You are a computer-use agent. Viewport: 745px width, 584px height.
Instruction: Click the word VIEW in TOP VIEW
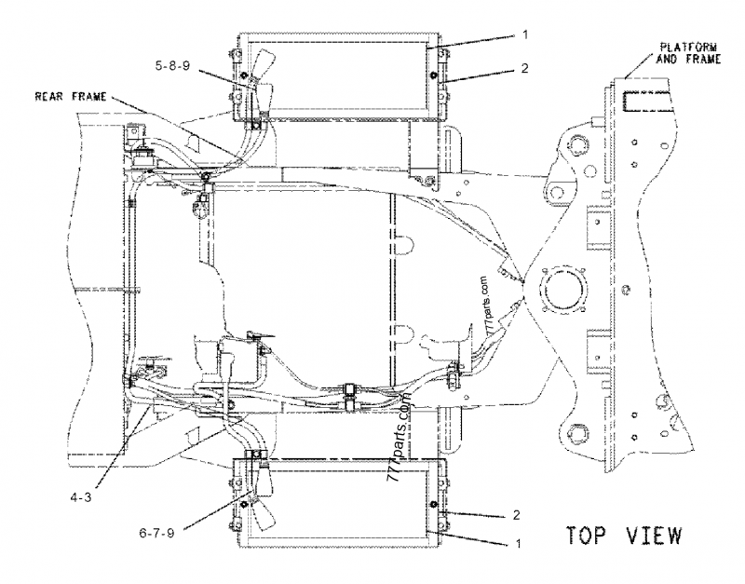(x=650, y=536)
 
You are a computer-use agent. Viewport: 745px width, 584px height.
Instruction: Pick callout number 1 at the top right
(x=524, y=34)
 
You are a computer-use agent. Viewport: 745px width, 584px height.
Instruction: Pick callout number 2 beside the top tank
(x=524, y=68)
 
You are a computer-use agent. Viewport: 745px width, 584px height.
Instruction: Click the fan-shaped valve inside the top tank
(x=256, y=75)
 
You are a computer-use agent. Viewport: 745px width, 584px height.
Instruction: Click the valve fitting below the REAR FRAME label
(x=145, y=156)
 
